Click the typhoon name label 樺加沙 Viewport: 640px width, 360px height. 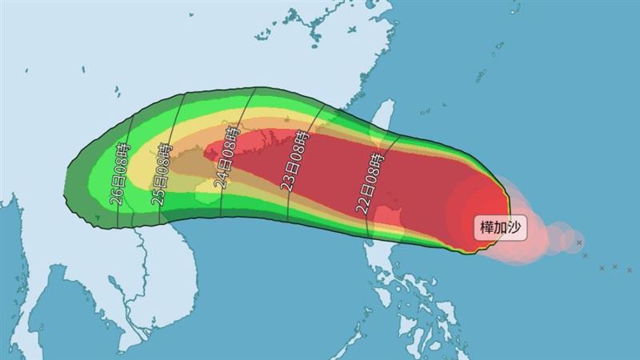click(x=502, y=227)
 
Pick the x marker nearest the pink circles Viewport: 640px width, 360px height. click(x=578, y=242)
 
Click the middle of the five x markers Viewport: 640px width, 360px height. click(x=601, y=266)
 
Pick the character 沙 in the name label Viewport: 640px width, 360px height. click(x=515, y=227)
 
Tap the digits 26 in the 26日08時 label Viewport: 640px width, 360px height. click(x=117, y=197)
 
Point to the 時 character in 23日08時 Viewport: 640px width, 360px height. click(x=299, y=140)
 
